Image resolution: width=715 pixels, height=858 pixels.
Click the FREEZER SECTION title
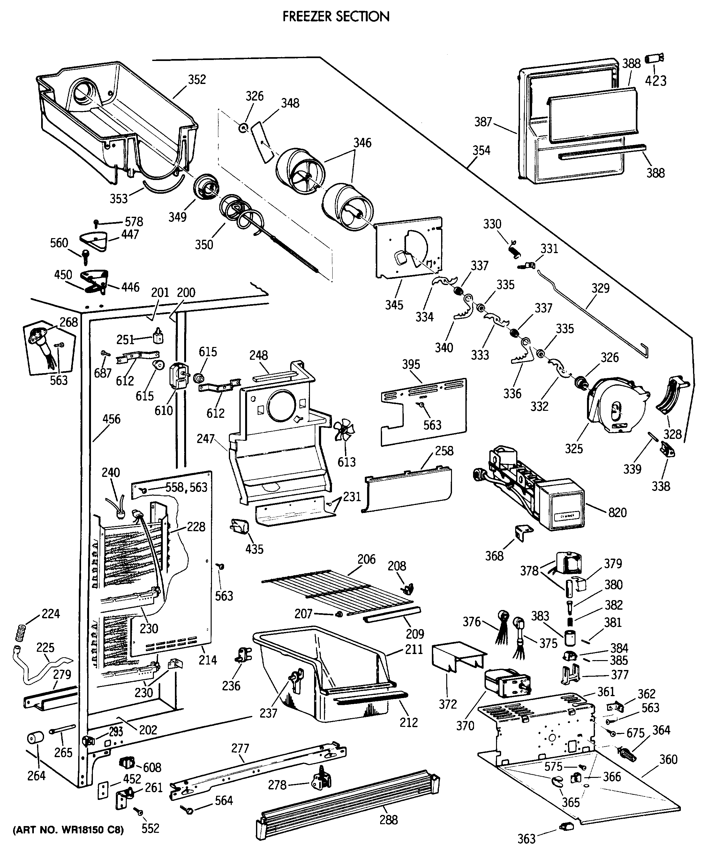tap(336, 16)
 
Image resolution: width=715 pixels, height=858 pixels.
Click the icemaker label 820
tap(617, 512)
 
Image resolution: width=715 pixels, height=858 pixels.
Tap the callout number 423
tap(656, 81)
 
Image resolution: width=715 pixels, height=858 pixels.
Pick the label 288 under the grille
tap(388, 820)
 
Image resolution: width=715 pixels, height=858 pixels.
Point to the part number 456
tap(111, 419)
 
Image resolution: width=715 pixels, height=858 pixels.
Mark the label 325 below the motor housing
tap(574, 448)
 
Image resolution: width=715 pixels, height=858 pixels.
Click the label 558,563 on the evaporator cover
tap(186, 487)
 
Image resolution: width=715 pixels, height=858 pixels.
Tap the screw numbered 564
tap(188, 810)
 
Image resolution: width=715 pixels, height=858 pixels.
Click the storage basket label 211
tap(414, 650)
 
